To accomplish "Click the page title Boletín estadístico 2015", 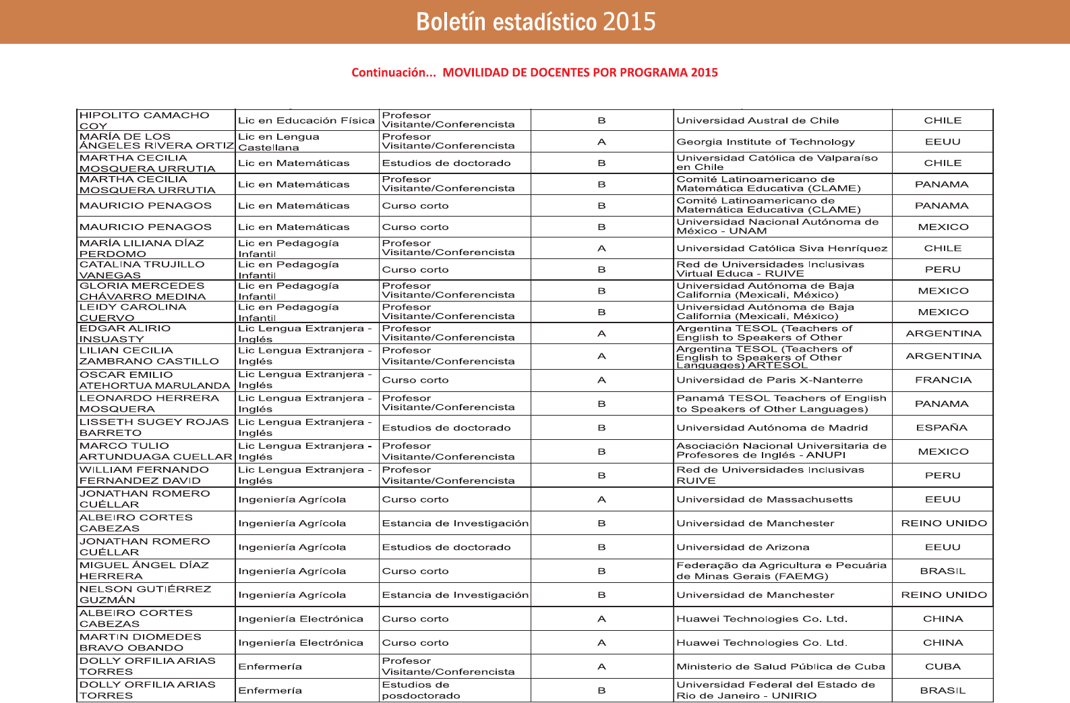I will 535,22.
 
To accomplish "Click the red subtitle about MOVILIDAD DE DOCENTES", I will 534,72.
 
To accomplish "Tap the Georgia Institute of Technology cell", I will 765,142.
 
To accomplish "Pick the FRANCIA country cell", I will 943,380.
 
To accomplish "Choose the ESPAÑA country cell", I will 943,428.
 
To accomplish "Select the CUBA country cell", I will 943,667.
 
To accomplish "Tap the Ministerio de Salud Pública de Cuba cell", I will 780,667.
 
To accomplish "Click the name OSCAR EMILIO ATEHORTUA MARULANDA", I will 154,380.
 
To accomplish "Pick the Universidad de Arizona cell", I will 742,547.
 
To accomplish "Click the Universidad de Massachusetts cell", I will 764,499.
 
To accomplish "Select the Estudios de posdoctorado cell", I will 421,690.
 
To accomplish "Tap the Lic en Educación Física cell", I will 306,121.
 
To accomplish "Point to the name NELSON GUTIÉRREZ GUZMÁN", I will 145,594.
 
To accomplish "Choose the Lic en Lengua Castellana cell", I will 278,142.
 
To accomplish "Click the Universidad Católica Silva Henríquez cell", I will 782,248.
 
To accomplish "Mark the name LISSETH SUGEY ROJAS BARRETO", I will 154,428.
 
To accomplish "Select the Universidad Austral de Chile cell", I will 757,121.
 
